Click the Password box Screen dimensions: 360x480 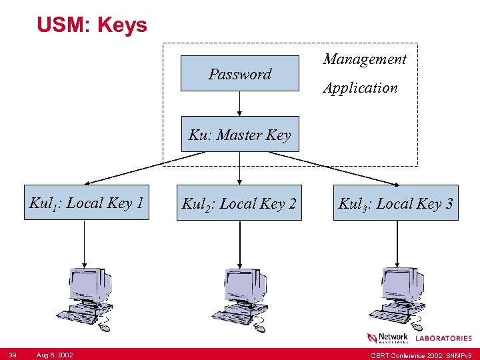240,73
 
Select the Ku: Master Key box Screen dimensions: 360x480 240,135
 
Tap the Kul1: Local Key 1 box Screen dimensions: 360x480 87,202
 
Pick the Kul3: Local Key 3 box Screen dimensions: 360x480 397,202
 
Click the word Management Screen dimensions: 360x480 365,59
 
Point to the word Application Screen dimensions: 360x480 361,88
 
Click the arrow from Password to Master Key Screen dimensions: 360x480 240,105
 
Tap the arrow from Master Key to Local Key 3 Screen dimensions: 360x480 340,167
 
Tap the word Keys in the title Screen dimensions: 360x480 122,25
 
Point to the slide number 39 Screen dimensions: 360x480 12,353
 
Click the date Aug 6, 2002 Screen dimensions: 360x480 55,353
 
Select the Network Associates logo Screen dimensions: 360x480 387,338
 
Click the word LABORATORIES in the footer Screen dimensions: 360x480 443,339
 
